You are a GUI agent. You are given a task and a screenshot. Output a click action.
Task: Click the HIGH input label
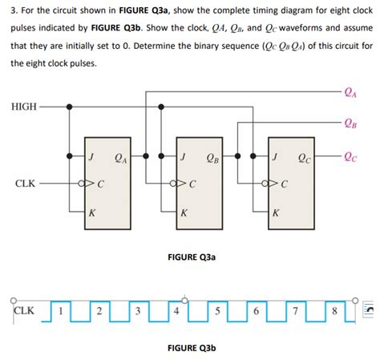tap(23, 106)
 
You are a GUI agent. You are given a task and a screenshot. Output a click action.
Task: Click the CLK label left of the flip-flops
tap(24, 184)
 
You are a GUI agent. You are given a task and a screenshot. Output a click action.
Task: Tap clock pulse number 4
tap(176, 309)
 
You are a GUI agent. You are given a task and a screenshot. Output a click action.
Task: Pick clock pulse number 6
tap(254, 309)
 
